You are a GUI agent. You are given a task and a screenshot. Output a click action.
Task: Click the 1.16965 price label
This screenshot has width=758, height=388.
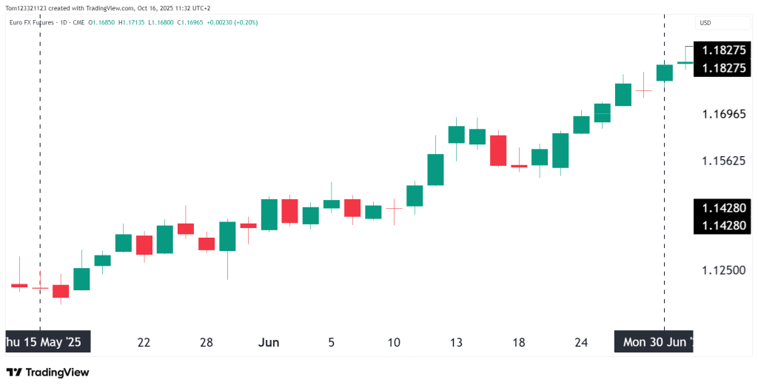(723, 115)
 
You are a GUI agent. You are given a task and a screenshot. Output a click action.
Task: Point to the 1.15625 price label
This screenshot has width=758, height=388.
(723, 161)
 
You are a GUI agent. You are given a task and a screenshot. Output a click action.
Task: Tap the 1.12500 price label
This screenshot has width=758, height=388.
(723, 270)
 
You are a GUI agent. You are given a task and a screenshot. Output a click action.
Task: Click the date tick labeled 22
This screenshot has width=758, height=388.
(144, 343)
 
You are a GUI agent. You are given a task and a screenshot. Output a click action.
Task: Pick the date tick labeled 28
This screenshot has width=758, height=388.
(207, 343)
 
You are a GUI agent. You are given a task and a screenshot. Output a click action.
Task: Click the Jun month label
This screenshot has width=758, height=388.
(268, 343)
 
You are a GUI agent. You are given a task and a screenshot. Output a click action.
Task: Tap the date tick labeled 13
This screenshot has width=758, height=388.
(456, 343)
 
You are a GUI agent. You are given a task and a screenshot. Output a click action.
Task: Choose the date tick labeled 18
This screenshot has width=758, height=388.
(519, 343)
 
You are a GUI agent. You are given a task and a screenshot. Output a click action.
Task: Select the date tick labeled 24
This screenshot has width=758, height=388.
(581, 343)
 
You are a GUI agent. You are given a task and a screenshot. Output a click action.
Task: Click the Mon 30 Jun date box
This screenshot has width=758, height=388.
(654, 342)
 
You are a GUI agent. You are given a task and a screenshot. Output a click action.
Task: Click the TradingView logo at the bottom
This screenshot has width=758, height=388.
(47, 372)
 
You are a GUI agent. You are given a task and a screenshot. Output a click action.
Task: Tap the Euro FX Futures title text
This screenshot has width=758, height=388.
(33, 22)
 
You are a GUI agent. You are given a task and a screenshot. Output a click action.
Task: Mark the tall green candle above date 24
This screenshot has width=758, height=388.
(560, 150)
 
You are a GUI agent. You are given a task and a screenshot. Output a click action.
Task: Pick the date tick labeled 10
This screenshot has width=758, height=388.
(394, 343)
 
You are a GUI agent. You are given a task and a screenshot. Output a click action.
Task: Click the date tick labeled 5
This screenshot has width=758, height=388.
(331, 343)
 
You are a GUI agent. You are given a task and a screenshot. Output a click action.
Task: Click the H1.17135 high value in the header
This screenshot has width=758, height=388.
(132, 22)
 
